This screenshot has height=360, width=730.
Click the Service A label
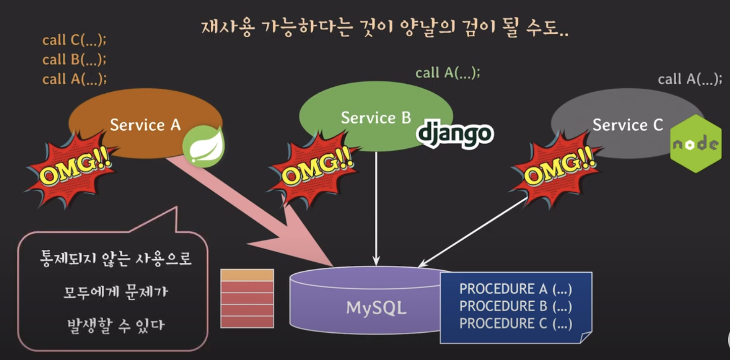click(x=145, y=125)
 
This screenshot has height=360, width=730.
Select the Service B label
click(x=376, y=118)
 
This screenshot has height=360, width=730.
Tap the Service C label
click(x=627, y=125)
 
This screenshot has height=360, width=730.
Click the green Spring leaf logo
click(x=204, y=146)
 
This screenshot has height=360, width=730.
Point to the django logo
click(x=454, y=133)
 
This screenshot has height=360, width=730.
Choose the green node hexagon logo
click(x=696, y=144)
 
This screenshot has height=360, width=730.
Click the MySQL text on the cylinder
click(x=376, y=308)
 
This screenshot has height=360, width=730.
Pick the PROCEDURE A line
click(x=515, y=288)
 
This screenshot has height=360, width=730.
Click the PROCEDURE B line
click(x=515, y=306)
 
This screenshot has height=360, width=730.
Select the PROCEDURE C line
click(x=515, y=324)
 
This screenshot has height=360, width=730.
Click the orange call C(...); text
click(x=74, y=40)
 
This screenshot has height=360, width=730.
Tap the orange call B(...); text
click(x=74, y=59)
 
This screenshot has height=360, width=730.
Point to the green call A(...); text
click(x=447, y=73)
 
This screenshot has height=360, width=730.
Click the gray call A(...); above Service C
click(x=690, y=79)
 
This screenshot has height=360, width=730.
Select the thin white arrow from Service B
click(x=376, y=207)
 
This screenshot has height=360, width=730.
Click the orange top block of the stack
click(x=247, y=275)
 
